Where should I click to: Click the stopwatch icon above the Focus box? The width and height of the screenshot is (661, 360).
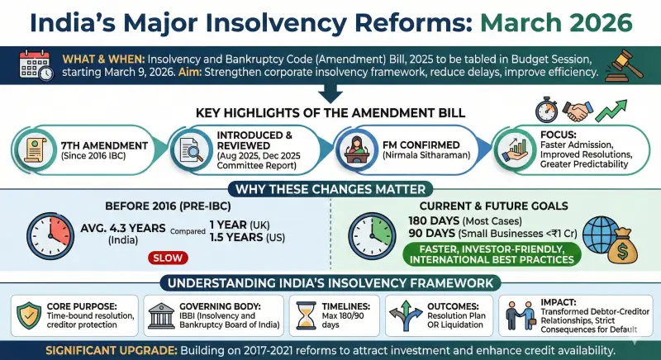pyautogui.click(x=546, y=110)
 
